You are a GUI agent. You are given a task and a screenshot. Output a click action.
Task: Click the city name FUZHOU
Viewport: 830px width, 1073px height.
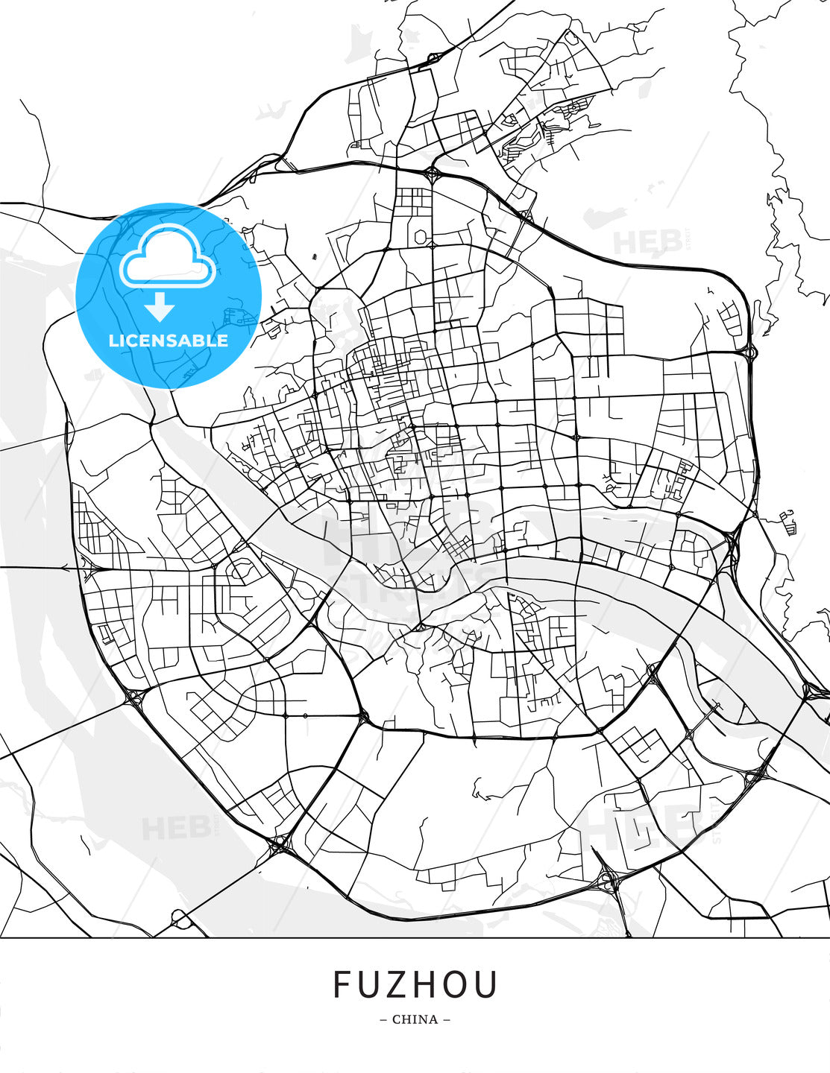415,984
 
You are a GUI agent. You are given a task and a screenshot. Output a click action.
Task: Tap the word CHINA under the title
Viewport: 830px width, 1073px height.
415,1019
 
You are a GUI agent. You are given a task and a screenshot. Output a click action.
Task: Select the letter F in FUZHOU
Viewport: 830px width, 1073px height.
342,984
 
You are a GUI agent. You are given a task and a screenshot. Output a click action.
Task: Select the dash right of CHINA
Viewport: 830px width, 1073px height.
447,1019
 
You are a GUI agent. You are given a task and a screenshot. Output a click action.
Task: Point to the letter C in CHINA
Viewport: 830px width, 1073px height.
397,1019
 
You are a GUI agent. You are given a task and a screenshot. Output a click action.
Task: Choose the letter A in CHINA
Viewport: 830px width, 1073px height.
433,1019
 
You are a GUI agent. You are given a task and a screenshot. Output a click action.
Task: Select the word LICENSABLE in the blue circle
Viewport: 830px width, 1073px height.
169,341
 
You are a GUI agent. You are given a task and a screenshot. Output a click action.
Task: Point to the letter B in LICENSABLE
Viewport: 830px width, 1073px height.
200,341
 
